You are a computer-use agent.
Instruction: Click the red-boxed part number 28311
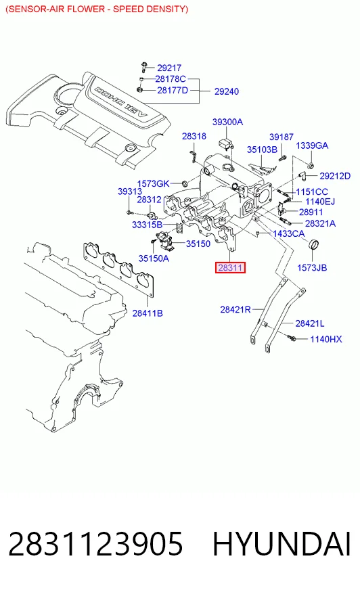tap(230, 267)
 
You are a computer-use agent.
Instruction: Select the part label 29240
tap(227, 91)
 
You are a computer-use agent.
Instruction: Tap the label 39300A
tap(227, 122)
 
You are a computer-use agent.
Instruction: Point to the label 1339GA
tap(312, 145)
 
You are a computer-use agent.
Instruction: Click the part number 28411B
tap(148, 313)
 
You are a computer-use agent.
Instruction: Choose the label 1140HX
tap(325, 340)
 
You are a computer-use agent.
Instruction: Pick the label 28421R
tap(235, 310)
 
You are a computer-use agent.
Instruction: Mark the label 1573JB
tap(312, 268)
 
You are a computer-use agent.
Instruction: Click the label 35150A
tap(154, 258)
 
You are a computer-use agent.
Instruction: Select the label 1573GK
tap(153, 183)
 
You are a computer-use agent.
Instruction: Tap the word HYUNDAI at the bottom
tap(282, 544)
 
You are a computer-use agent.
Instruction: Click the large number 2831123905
tap(95, 544)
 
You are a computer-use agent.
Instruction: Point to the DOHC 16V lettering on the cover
tap(120, 101)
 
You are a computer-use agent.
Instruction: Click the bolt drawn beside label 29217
tap(143, 68)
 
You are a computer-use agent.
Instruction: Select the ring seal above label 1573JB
tap(313, 244)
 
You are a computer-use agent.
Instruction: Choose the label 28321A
tap(320, 223)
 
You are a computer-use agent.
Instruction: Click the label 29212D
tap(335, 176)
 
